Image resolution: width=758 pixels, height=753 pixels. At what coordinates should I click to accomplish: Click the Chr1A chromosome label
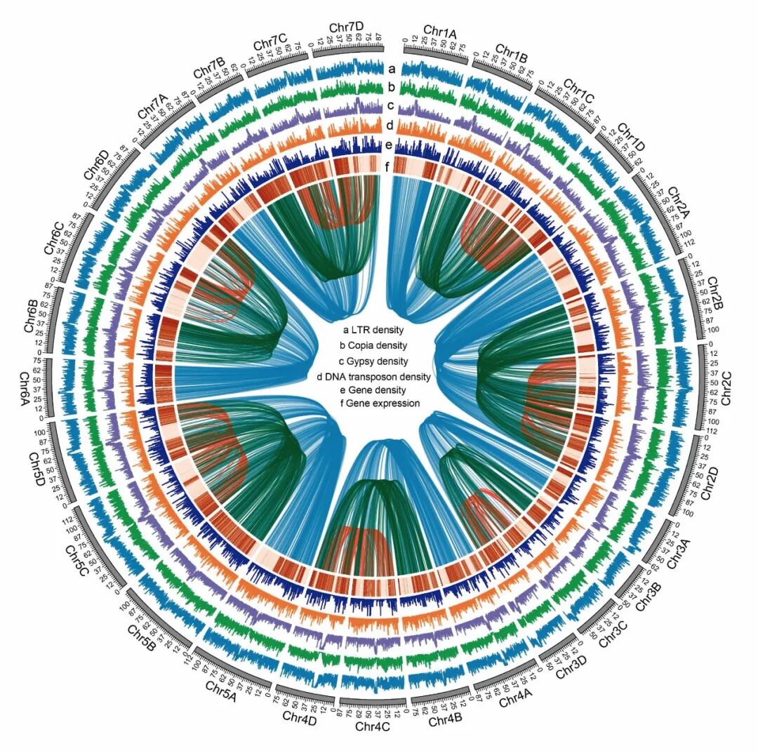click(x=439, y=32)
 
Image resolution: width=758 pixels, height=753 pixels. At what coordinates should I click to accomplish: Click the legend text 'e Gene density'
click(x=373, y=390)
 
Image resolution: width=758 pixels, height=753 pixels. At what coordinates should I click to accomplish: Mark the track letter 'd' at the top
click(x=394, y=126)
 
